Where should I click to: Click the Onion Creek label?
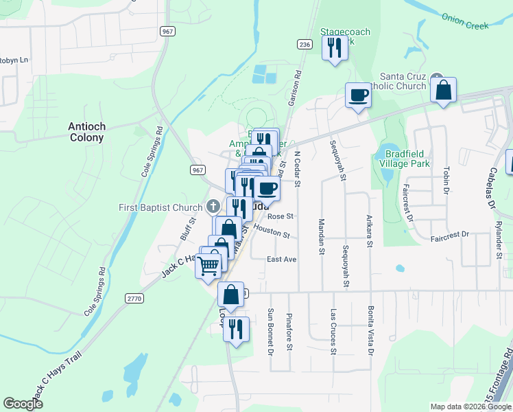pyautogui.click(x=464, y=21)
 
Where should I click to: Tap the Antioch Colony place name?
pyautogui.click(x=86, y=132)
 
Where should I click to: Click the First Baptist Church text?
pyautogui.click(x=160, y=207)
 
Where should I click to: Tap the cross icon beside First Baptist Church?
pyautogui.click(x=213, y=207)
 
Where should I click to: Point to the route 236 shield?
pyautogui.click(x=305, y=45)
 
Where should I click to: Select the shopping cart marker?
pyautogui.click(x=209, y=264)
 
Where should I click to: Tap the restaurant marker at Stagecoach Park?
pyautogui.click(x=335, y=48)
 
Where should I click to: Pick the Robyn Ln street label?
pyautogui.click(x=14, y=60)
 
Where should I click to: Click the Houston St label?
pyautogui.click(x=271, y=232)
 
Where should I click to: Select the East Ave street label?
pyautogui.click(x=281, y=260)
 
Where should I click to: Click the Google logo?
pyautogui.click(x=23, y=404)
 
